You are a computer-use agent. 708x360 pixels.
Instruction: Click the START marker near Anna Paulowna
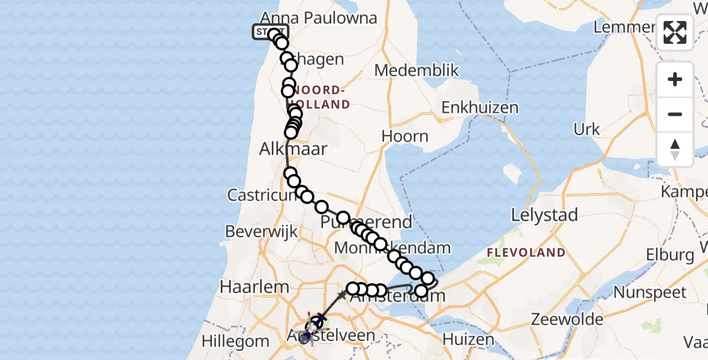tap(269, 32)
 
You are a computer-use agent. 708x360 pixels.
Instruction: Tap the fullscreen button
tap(675, 32)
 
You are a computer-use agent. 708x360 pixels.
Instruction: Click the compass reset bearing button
tap(675, 149)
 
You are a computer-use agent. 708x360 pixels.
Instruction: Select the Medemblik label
tap(416, 71)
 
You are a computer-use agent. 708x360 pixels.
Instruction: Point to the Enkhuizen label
tap(479, 108)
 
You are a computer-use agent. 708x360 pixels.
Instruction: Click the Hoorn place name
tap(405, 136)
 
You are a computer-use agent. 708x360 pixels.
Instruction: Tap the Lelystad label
tap(544, 215)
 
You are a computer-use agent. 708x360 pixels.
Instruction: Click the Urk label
tap(586, 130)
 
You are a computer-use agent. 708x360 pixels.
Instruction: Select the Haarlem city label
tap(254, 287)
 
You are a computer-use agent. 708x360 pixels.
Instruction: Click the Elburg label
tap(670, 255)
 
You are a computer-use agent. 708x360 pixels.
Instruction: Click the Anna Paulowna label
tap(319, 18)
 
